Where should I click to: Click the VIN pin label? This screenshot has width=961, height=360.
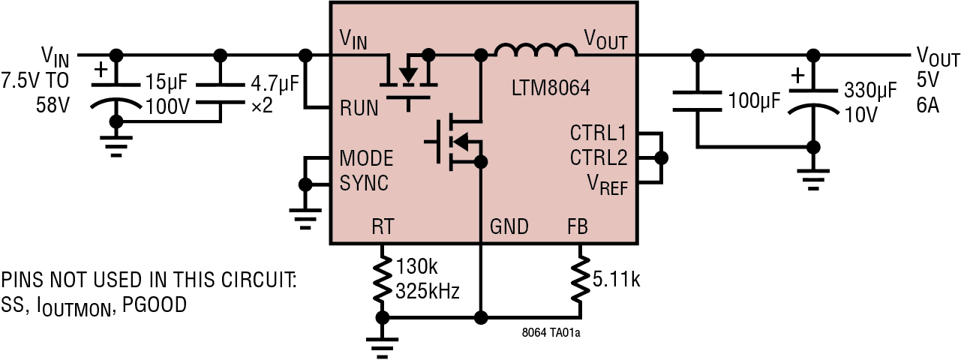click(353, 38)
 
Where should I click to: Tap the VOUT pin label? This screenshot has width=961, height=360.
click(605, 38)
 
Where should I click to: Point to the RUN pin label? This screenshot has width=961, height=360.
click(359, 107)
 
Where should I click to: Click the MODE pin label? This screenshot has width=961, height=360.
click(366, 159)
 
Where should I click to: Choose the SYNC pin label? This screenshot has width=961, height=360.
click(364, 183)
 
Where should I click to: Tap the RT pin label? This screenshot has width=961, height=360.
click(382, 226)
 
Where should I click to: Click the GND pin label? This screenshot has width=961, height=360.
click(509, 226)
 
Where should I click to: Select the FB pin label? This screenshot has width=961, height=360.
click(578, 226)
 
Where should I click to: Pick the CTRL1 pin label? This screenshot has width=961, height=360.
click(598, 133)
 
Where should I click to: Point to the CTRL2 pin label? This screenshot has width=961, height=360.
click(598, 158)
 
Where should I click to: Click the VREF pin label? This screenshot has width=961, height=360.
click(607, 184)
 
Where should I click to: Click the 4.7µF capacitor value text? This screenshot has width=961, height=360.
click(275, 82)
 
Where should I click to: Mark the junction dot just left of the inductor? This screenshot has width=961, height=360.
click(481, 54)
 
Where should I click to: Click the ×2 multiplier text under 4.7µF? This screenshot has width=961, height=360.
click(262, 106)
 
